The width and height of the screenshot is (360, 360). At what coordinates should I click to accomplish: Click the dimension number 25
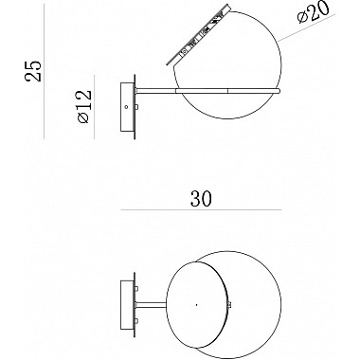(35, 69)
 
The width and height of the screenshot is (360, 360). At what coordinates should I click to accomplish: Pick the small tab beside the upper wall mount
(138, 108)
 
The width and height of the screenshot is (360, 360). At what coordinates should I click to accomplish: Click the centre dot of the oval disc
(195, 304)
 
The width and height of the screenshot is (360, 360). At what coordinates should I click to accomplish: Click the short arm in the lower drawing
(152, 304)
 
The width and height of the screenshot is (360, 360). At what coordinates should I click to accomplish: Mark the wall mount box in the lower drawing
(127, 304)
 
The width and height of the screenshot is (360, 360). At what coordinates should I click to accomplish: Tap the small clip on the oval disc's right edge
(231, 305)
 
